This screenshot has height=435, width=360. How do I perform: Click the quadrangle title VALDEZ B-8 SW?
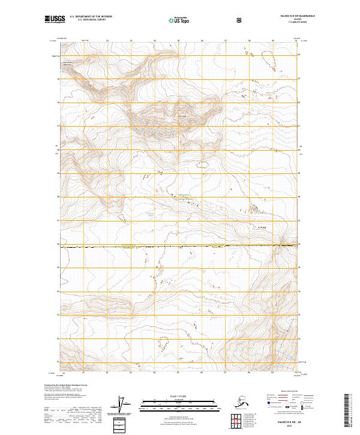click(293, 17)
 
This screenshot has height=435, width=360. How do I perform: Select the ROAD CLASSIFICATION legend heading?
click(284, 392)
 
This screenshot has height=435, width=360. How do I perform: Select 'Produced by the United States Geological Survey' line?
click(63, 385)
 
